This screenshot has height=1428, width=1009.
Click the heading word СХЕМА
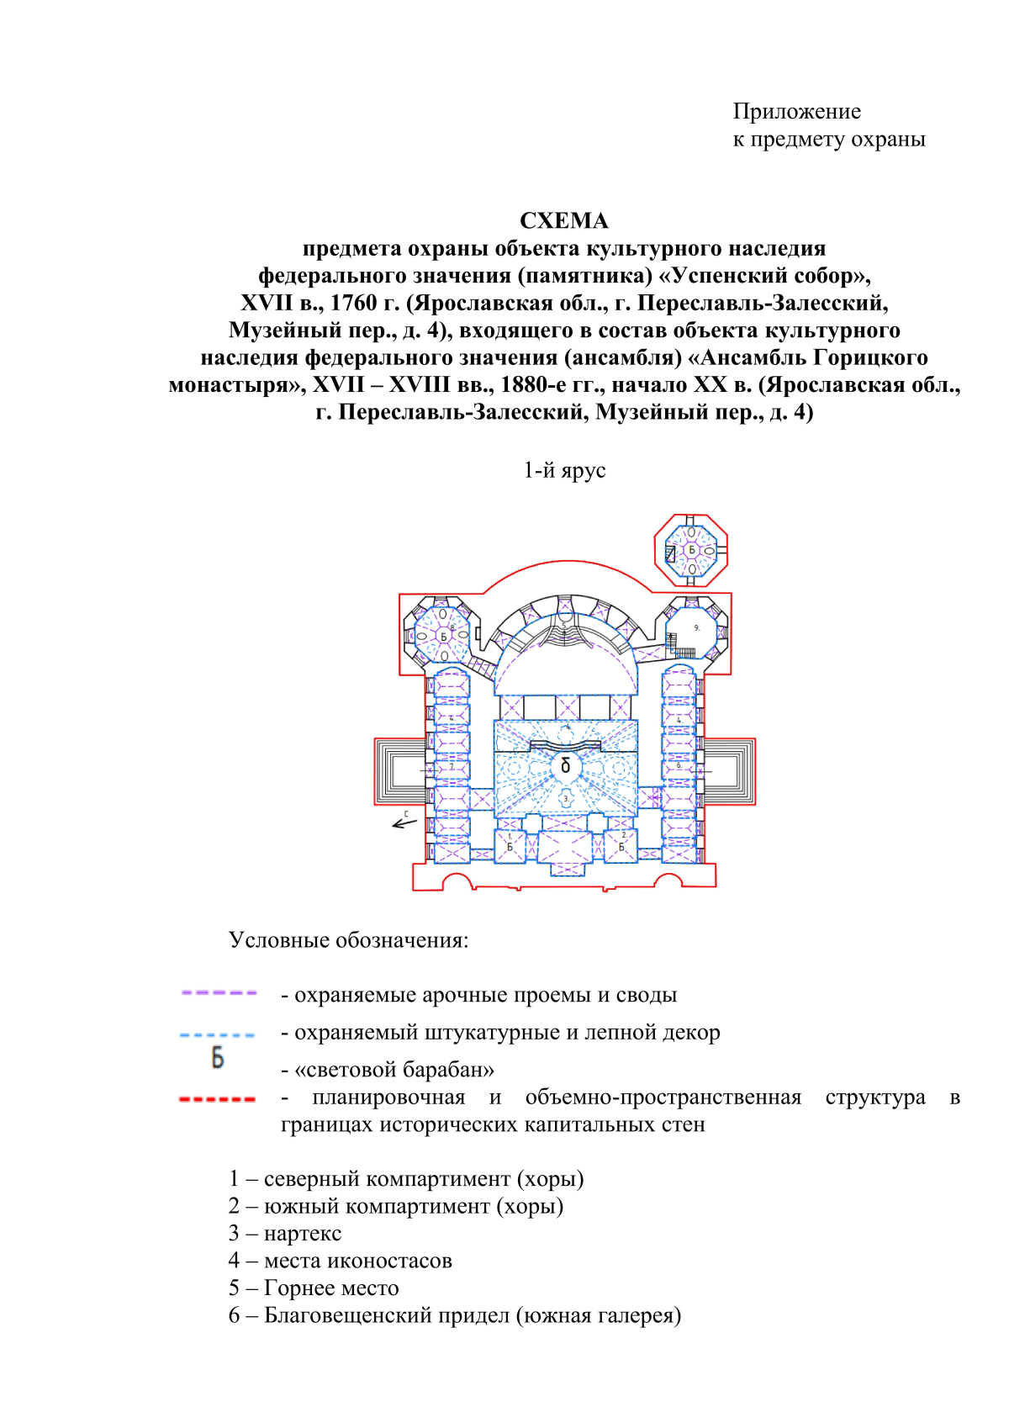563,221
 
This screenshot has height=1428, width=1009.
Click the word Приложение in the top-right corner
796,112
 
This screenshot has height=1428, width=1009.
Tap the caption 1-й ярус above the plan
564,470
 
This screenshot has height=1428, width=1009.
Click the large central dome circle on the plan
565,765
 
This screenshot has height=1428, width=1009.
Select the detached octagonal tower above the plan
691,551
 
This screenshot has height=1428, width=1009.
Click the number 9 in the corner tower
696,628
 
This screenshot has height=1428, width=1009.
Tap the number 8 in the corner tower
452,628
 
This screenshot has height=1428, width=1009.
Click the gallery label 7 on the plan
452,767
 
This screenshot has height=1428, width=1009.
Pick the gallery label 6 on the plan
679,765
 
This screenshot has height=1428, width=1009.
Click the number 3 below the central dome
566,798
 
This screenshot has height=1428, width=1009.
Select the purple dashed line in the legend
219,993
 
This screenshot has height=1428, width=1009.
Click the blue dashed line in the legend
218,1035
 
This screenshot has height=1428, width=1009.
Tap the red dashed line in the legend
218,1099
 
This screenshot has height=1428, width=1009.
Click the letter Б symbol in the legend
218,1058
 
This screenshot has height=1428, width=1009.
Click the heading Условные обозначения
348,940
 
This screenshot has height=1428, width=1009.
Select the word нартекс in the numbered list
303,1234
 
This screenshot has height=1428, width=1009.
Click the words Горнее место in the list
331,1288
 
